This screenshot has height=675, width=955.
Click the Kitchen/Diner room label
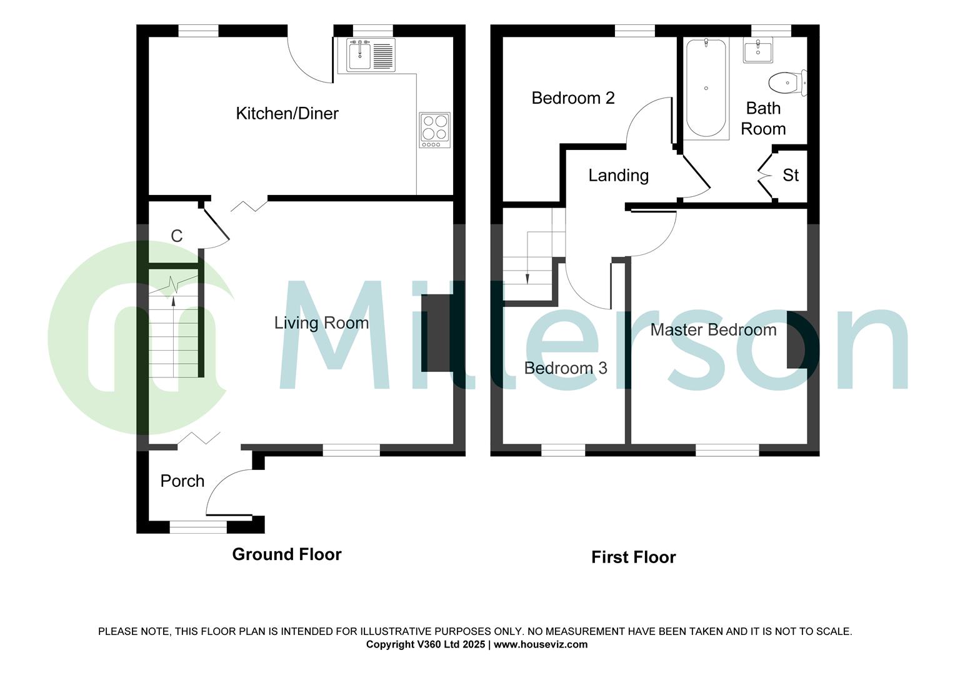287,113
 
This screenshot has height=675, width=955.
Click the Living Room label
321,322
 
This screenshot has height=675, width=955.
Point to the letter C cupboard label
177,236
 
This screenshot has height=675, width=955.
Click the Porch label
182,481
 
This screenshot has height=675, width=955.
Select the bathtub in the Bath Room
706,88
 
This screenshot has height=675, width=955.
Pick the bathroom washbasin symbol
758,50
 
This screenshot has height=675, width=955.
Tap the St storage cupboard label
791,175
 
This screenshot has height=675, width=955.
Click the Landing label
618,175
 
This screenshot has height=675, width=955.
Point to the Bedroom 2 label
572,97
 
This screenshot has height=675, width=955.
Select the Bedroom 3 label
565,367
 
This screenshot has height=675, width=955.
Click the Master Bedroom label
713,329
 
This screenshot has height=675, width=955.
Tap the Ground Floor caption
286,554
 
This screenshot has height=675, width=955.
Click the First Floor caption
633,557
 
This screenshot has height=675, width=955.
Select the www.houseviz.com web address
541,644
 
